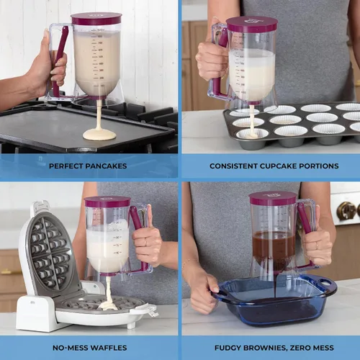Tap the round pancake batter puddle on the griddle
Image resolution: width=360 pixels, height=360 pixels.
[x=99, y=134]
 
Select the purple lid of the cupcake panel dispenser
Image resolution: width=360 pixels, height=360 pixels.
[x=251, y=24]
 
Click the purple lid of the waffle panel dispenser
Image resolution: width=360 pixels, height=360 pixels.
[x=107, y=202]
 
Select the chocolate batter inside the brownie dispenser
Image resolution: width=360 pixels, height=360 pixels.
[x=274, y=248]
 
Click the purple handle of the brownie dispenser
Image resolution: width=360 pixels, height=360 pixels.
[x=305, y=220]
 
